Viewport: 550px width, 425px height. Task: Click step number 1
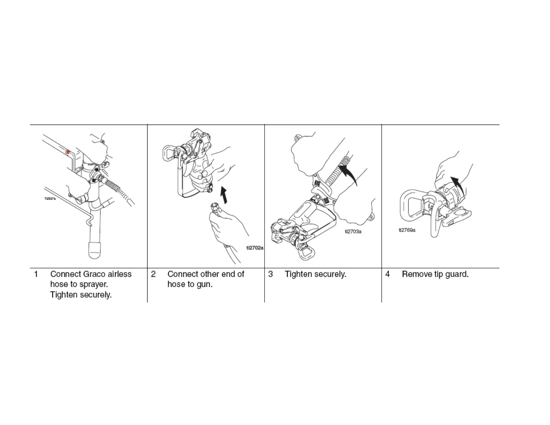(x=36, y=274)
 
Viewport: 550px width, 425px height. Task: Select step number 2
(x=153, y=274)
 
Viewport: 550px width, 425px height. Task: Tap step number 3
(x=270, y=274)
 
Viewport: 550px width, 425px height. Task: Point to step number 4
(x=387, y=274)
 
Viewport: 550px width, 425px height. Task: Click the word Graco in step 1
(x=94, y=274)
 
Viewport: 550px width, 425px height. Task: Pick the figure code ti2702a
(x=255, y=248)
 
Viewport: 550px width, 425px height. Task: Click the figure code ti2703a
(x=353, y=232)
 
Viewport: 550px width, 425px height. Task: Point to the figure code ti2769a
(x=407, y=230)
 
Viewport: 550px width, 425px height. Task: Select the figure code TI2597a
(x=50, y=199)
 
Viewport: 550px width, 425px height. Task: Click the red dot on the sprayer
(x=68, y=152)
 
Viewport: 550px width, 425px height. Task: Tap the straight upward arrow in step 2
(x=225, y=195)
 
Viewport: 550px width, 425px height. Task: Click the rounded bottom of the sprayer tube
(x=94, y=250)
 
